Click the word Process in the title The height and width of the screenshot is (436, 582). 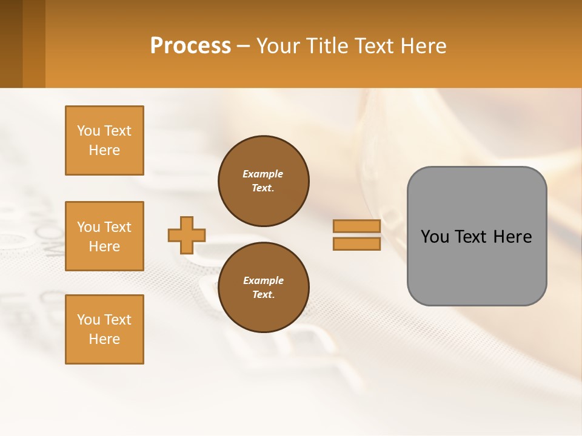click(x=190, y=45)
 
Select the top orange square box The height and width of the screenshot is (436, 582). click(x=104, y=140)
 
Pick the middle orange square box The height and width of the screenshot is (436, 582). click(x=104, y=236)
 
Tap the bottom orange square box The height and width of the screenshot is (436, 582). click(x=104, y=329)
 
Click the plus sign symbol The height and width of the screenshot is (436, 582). click(x=187, y=235)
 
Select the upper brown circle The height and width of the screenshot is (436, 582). click(x=263, y=180)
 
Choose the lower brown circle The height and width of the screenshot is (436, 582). click(x=263, y=287)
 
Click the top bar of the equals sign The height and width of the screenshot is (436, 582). click(x=356, y=226)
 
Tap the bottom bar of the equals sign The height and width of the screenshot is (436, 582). click(x=356, y=243)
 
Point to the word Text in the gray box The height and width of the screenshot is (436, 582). click(x=471, y=236)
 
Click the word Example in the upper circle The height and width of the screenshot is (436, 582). click(x=263, y=174)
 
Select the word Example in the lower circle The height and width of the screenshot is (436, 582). click(x=263, y=280)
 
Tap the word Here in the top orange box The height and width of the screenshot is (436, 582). click(x=104, y=150)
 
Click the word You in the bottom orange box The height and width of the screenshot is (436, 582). click(x=89, y=319)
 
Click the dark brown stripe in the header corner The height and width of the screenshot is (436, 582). click(x=11, y=44)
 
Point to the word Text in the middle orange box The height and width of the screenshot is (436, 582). click(x=118, y=227)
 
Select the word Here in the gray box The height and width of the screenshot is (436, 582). click(x=512, y=236)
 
